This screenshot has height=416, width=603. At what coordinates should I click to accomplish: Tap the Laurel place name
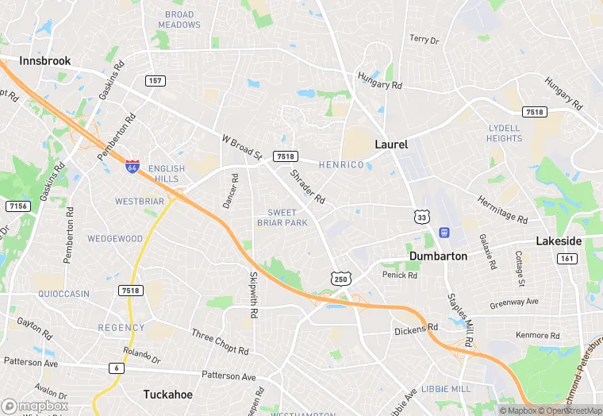click(x=390, y=144)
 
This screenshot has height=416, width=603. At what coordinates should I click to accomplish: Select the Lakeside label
click(x=559, y=241)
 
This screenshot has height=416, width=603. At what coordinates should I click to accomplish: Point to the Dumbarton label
click(x=439, y=256)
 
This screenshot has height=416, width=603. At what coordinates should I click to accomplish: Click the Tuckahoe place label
click(x=168, y=394)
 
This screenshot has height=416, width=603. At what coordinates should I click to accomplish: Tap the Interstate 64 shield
click(x=133, y=166)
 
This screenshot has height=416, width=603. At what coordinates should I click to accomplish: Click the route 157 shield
click(x=155, y=81)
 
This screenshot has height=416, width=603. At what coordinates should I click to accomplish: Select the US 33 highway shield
click(x=421, y=215)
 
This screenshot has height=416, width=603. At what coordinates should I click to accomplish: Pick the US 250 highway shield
click(x=340, y=279)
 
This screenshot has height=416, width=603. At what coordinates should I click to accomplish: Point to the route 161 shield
click(x=567, y=259)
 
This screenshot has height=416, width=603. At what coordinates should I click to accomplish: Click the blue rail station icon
click(x=443, y=233)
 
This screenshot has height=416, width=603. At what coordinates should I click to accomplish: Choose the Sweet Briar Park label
click(x=282, y=218)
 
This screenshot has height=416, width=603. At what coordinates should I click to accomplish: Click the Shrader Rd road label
click(x=307, y=187)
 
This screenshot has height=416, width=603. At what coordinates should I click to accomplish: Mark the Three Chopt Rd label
click(x=220, y=341)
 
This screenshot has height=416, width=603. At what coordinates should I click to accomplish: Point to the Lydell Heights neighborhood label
click(x=504, y=133)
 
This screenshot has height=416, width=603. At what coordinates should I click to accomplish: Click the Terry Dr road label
click(x=423, y=39)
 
